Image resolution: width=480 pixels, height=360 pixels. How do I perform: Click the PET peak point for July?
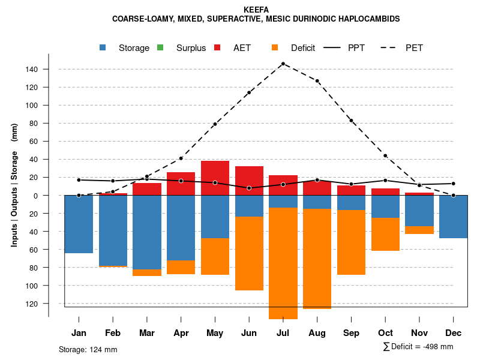[283, 64]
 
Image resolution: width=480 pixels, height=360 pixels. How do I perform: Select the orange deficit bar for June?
[249, 253]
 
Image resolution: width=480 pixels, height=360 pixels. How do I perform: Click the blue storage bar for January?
[79, 224]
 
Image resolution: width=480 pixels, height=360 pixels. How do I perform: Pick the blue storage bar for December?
[453, 217]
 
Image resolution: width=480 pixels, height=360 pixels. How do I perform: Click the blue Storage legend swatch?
[103, 47]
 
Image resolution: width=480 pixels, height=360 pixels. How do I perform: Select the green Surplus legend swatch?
[160, 47]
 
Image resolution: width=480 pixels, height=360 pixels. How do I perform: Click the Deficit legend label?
[303, 48]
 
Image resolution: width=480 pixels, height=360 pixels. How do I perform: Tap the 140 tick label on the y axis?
[31, 70]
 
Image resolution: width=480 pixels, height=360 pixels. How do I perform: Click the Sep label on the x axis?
[351, 333]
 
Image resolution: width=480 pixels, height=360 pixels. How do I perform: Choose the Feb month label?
[113, 333]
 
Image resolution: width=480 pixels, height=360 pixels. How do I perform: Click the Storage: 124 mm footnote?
[88, 349]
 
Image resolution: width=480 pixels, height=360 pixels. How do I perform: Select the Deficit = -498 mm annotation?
[418, 347]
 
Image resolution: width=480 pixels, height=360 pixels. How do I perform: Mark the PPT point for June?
[249, 188]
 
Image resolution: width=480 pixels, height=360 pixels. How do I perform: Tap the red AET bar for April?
[181, 184]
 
